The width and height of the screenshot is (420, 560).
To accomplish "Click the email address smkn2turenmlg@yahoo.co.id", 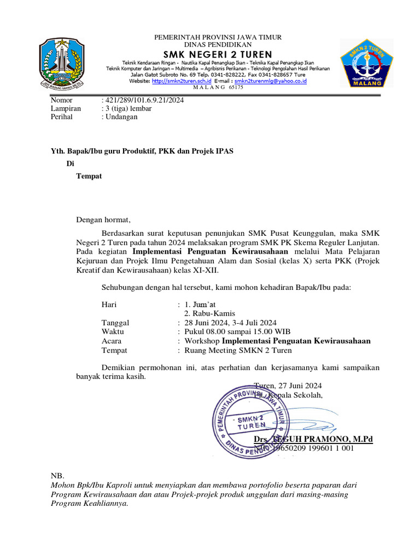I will coord(270,81).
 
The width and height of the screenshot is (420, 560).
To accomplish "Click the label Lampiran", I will coord(66,108).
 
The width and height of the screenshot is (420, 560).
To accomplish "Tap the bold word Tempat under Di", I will coord(89,176).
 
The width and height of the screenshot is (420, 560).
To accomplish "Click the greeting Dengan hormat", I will coord(103,220).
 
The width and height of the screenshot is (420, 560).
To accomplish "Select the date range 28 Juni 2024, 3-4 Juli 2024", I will coord(231,323).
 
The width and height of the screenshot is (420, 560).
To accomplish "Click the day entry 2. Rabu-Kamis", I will coord(209,313).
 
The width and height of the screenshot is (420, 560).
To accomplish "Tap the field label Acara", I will coord(112,341).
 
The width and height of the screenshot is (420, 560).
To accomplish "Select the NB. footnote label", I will coord(57,476).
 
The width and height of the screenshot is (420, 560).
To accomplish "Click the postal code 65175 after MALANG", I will coord(236,87).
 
